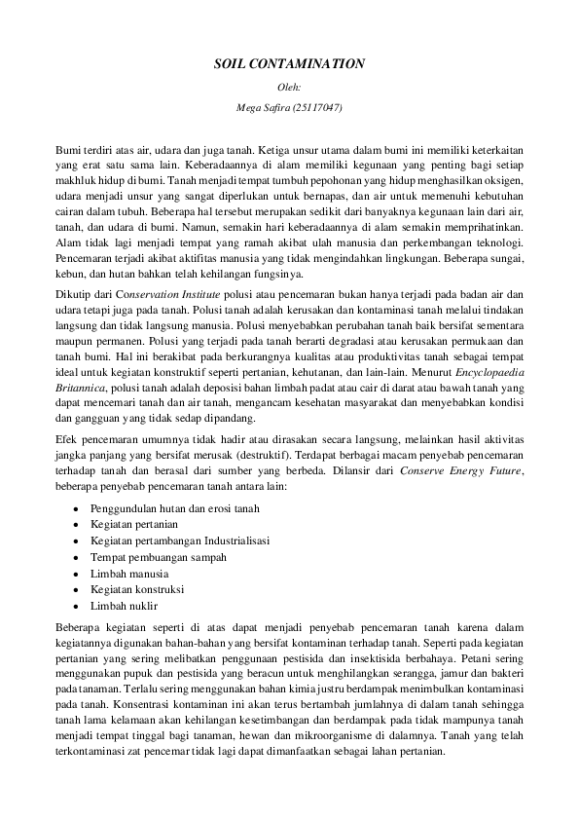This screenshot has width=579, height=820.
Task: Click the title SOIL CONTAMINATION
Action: (289, 63)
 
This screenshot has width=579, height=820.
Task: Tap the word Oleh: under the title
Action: (289, 87)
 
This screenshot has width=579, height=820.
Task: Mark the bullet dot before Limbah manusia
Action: (76, 573)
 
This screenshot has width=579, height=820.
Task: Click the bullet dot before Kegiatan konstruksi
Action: (76, 589)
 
